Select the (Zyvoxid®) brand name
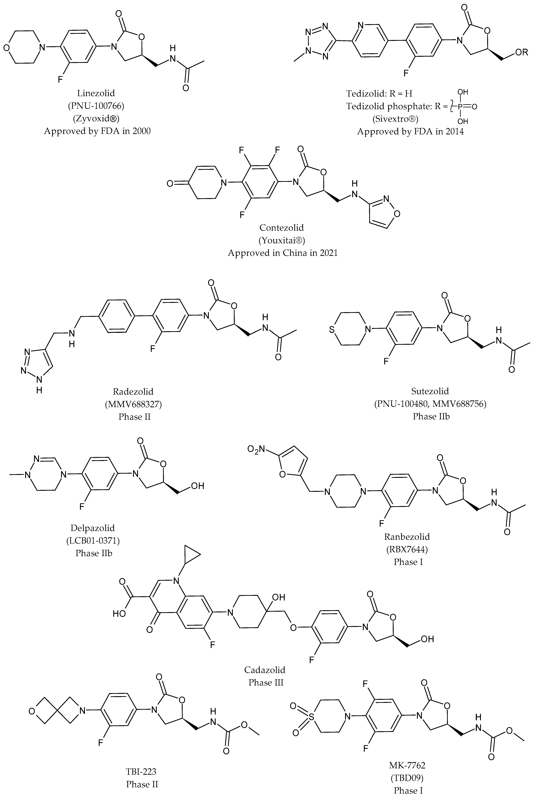click(x=96, y=119)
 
